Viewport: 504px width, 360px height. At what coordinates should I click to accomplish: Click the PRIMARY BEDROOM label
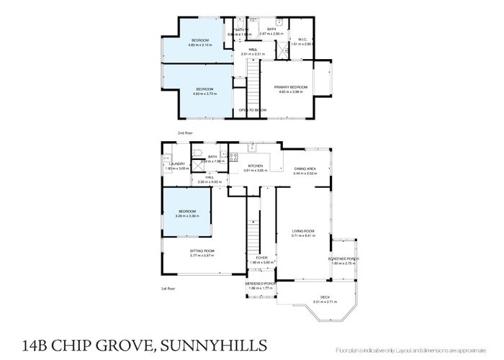click(290, 87)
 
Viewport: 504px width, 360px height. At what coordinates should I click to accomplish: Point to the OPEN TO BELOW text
click(253, 109)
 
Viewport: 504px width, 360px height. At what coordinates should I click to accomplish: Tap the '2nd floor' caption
click(186, 133)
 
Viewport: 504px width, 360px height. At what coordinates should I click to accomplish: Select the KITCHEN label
click(256, 166)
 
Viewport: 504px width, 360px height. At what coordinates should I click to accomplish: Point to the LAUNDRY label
click(178, 163)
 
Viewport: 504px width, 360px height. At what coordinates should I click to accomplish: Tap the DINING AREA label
click(305, 168)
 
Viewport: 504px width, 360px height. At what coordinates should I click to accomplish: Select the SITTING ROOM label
click(202, 251)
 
